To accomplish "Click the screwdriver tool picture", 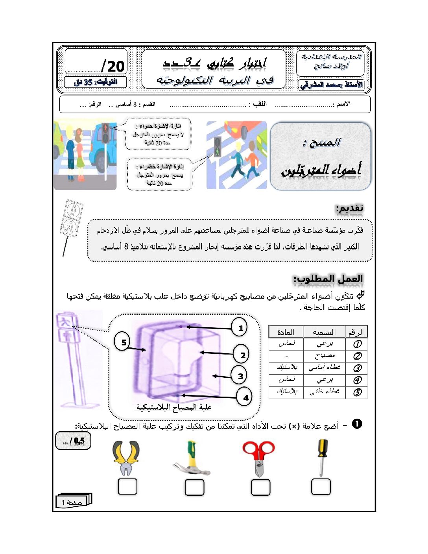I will [x=322, y=456].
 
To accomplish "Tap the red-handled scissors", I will [x=258, y=458].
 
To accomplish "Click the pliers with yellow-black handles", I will [x=126, y=458].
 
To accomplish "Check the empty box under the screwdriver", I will [x=321, y=487].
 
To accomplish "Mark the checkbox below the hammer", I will [x=194, y=488].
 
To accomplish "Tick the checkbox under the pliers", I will [x=127, y=487].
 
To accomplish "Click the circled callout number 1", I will [x=240, y=327].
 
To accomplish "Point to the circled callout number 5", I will [x=124, y=342].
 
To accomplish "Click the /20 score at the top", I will [x=113, y=66].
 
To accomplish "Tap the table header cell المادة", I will [x=286, y=332].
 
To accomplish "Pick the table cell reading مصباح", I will [x=324, y=356].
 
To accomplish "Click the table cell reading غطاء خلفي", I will [x=324, y=392].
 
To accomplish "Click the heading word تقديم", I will [x=349, y=208].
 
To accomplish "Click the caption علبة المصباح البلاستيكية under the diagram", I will [x=174, y=407].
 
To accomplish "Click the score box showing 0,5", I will [x=73, y=441].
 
